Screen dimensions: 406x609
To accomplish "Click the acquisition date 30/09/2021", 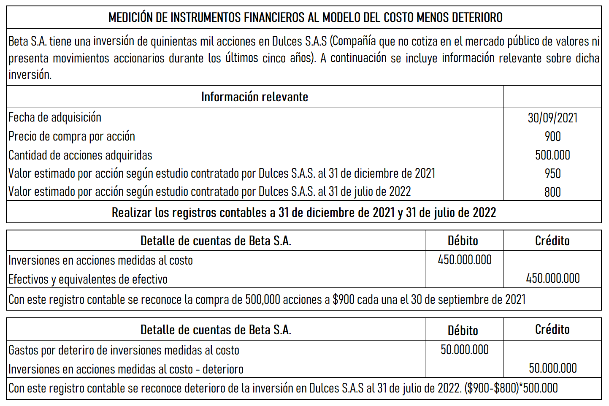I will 552,118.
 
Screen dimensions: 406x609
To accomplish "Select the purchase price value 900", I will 552,136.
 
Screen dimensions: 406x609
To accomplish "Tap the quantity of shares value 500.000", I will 552,155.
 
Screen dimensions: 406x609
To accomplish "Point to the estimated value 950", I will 552,173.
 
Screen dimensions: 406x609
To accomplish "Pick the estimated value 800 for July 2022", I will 552,192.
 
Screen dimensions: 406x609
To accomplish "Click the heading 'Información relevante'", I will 254,97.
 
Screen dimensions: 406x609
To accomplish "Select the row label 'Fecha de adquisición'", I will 55,117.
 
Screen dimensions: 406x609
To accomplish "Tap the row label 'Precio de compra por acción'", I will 72,136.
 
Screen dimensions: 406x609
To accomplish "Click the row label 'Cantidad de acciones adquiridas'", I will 80,155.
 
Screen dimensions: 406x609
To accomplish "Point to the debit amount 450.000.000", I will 464,260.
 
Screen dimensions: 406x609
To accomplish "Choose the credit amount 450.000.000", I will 552,278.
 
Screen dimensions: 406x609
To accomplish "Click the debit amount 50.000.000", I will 464,349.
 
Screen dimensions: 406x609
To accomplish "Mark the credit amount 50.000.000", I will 552,368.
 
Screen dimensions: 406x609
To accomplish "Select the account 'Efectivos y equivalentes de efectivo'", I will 88,279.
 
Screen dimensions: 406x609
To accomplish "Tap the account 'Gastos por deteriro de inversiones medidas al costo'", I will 124,350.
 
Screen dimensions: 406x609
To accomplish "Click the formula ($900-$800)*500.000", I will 511,388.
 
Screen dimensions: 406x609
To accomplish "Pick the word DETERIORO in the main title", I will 477,18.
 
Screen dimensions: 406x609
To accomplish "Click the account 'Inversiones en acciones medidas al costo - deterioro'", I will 126,369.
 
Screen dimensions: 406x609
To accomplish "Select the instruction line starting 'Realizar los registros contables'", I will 303,212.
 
